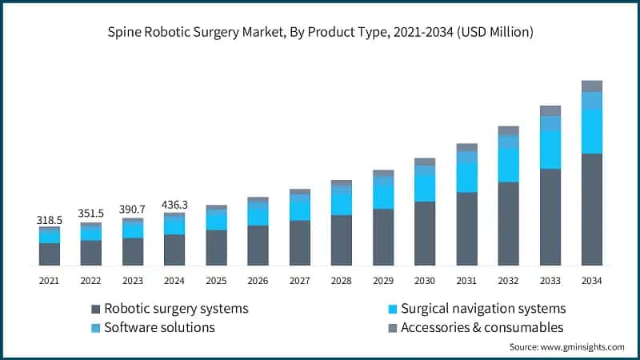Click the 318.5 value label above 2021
(49, 218)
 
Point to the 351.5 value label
(90, 213)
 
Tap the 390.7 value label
(133, 208)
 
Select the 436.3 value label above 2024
(174, 203)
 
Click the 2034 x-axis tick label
(591, 281)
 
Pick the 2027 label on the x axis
(299, 281)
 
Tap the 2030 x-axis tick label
(424, 281)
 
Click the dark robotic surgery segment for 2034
(591, 210)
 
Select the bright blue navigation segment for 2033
(550, 150)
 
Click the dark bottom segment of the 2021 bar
(49, 254)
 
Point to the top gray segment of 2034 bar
(591, 86)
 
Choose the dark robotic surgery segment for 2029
(382, 237)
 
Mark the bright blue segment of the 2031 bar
(466, 177)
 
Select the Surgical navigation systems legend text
(483, 309)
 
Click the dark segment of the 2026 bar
(258, 246)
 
